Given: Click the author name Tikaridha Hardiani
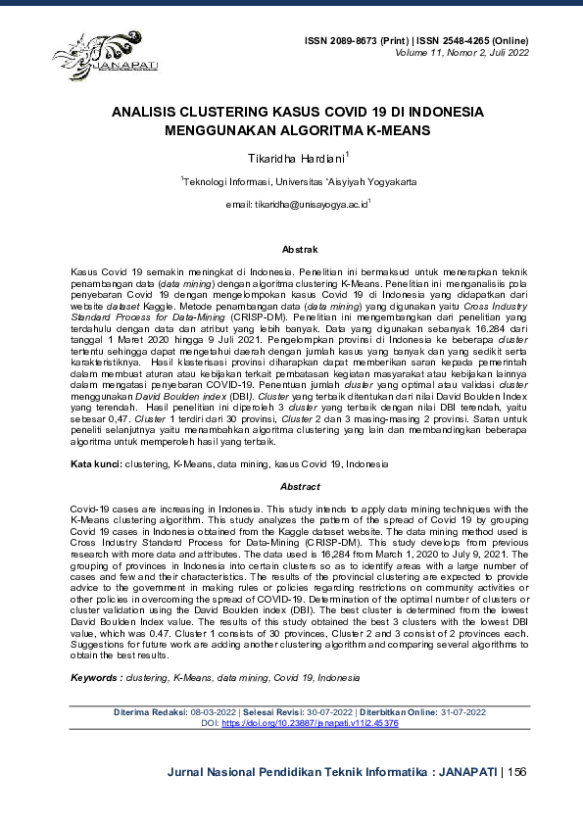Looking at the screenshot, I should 291,157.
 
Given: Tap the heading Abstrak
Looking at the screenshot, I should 300,251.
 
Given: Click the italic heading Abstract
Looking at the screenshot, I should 300,486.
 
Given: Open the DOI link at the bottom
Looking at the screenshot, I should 310,723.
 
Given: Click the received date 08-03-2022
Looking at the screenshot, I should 213,711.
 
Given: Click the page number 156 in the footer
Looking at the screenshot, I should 518,772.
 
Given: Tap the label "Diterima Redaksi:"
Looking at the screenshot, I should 151,711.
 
